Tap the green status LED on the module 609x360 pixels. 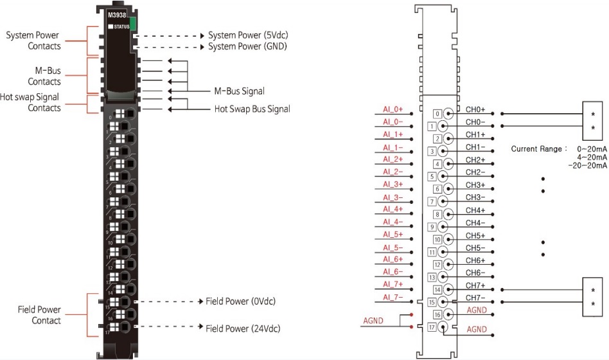pyautogui.click(x=133, y=24)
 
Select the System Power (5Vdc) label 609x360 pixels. pyautogui.click(x=247, y=35)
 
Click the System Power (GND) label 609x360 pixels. pyautogui.click(x=247, y=46)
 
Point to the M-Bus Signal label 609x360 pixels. pyautogui.click(x=239, y=91)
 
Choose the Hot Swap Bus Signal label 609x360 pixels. pyautogui.click(x=252, y=109)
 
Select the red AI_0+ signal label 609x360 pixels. pyautogui.click(x=393, y=110)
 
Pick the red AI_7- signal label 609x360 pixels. pyautogui.click(x=393, y=297)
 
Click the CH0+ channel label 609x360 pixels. pyautogui.click(x=476, y=110)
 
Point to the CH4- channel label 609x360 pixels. pyautogui.click(x=476, y=223)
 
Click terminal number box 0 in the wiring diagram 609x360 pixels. pyautogui.click(x=437, y=114)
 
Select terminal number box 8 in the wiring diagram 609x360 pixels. pyautogui.click(x=437, y=214)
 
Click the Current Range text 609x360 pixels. pyautogui.click(x=539, y=149)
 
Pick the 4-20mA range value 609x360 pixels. pyautogui.click(x=592, y=157)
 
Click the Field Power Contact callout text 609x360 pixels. pyautogui.click(x=39, y=315)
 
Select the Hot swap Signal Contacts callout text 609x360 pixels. pyautogui.click(x=35, y=103)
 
